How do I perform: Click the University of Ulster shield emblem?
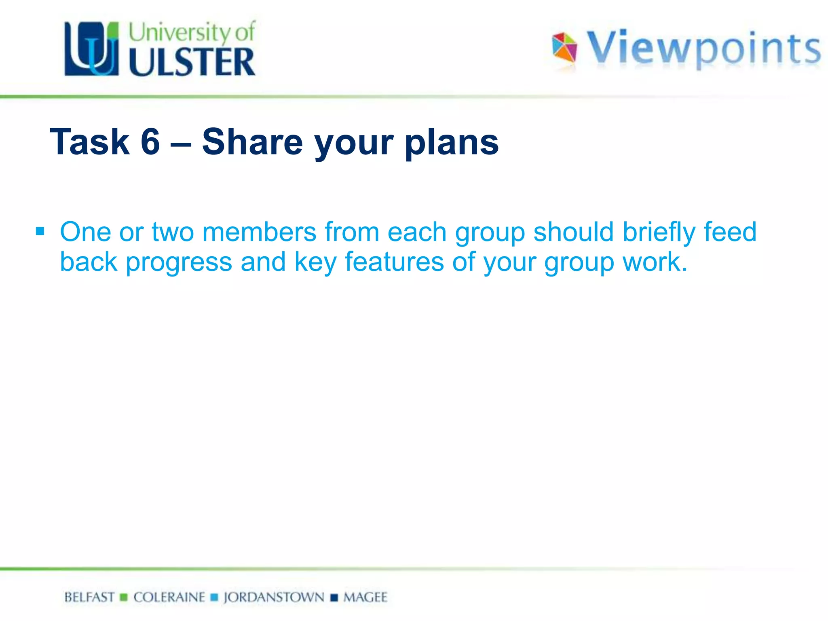pyautogui.click(x=92, y=49)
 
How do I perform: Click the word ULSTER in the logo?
pyautogui.click(x=192, y=62)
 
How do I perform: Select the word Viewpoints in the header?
pyautogui.click(x=703, y=48)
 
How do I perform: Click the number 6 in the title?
pyautogui.click(x=150, y=142)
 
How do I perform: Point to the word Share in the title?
pyautogui.click(x=252, y=142)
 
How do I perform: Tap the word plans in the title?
pyautogui.click(x=452, y=142)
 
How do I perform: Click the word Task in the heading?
pyautogui.click(x=89, y=142)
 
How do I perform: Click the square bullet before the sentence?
pyautogui.click(x=40, y=232)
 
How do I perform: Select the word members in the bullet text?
pyautogui.click(x=259, y=232)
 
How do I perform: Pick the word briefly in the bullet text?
pyautogui.click(x=659, y=233)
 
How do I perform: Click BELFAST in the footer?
pyautogui.click(x=89, y=597)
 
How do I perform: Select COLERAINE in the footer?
pyautogui.click(x=169, y=597)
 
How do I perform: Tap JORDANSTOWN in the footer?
pyautogui.click(x=274, y=597)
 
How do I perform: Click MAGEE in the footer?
pyautogui.click(x=365, y=597)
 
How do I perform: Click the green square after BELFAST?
pyautogui.click(x=124, y=597)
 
